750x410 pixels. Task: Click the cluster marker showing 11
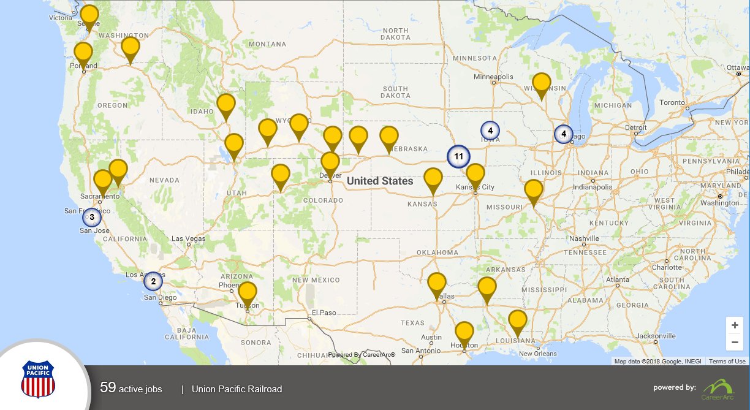458,157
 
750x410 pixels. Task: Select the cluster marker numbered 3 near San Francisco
92,217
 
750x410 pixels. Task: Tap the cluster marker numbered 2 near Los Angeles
153,281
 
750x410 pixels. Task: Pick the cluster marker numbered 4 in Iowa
490,131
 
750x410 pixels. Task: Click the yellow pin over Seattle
89,16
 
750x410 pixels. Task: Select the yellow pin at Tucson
248,292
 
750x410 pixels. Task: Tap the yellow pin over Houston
464,333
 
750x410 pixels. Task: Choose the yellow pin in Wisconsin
541,83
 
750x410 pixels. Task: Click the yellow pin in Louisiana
518,321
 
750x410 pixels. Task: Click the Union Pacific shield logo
38,379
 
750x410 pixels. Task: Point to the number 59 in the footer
108,388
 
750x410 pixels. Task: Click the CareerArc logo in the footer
718,390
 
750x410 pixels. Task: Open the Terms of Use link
727,362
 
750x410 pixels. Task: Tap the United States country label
380,181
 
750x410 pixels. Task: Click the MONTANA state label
267,44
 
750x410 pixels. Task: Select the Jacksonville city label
655,336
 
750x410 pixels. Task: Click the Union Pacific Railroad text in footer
237,389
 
